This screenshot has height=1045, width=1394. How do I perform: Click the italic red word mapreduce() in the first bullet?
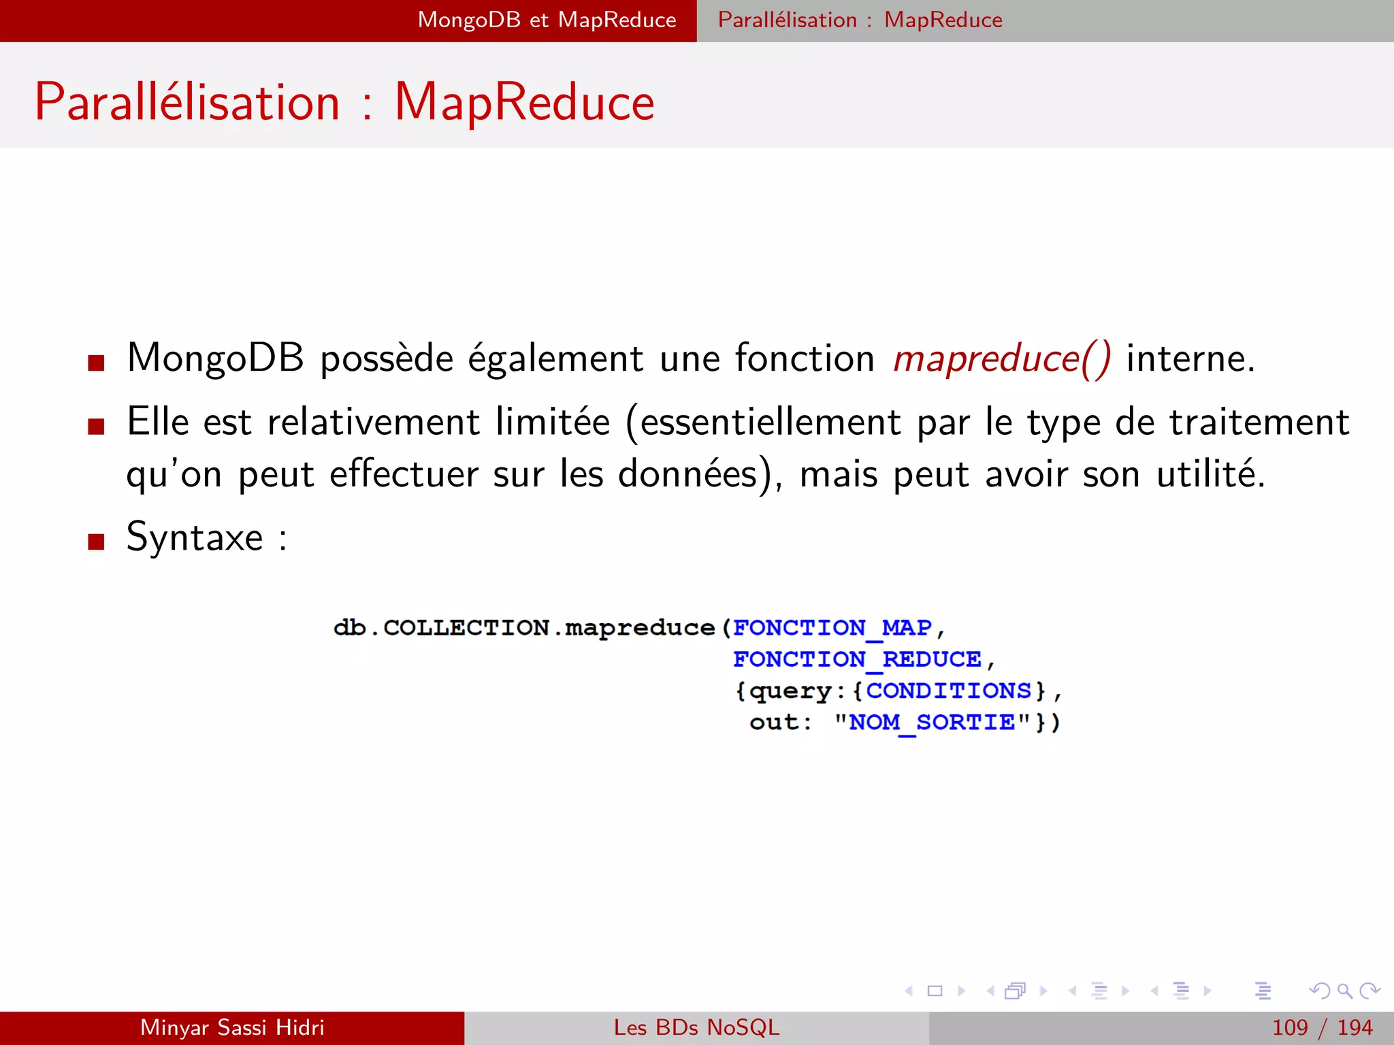coord(1001,359)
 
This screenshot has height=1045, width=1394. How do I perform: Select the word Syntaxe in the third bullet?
coord(195,537)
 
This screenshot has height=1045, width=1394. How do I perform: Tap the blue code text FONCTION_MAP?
coord(832,627)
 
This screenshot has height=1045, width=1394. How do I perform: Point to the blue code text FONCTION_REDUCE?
coord(857,659)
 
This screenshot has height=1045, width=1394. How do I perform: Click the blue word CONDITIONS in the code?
coord(948,691)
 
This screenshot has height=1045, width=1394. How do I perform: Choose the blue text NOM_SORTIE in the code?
coord(932,722)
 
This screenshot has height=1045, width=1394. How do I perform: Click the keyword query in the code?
coord(790,691)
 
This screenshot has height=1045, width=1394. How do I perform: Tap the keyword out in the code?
coord(774,722)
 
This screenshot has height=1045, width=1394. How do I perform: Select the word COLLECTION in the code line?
coord(466,627)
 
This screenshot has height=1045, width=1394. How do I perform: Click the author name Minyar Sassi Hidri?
coord(232,1027)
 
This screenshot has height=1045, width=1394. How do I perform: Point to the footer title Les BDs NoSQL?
coord(696,1027)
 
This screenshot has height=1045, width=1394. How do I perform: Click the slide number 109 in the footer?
coord(1290,1027)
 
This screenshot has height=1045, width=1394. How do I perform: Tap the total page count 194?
coord(1355,1027)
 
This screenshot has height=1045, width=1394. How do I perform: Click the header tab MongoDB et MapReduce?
coord(547,20)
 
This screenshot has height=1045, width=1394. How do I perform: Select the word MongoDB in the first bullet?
coord(215,359)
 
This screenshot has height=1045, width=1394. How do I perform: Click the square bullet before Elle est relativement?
coord(96,427)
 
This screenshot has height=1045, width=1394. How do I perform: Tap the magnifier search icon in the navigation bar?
coord(1344,991)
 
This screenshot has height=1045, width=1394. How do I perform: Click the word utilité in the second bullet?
coord(1210,474)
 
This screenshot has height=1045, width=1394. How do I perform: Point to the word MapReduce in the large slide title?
coord(524,102)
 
